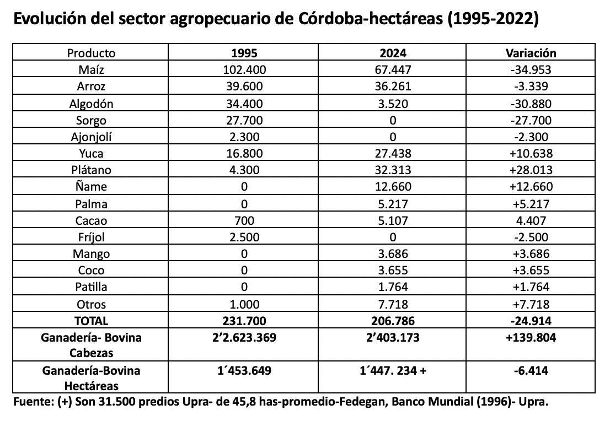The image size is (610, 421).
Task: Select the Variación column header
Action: point(531,53)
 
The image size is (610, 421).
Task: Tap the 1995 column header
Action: point(244,53)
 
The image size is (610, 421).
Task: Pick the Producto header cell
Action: point(92,53)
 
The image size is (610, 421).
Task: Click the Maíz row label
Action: point(92,70)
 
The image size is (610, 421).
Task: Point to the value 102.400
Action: point(244,70)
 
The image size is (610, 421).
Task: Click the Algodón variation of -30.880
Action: point(531,104)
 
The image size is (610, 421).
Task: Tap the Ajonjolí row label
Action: point(92,137)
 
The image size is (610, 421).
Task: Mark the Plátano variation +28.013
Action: point(531,170)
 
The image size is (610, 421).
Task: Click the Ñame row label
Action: point(92,187)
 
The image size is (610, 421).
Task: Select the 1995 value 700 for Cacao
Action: point(244,220)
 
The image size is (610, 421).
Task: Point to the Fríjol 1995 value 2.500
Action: point(244,238)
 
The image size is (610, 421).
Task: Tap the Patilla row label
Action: point(92,287)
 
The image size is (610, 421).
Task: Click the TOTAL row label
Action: point(92,321)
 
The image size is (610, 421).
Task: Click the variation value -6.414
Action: point(531,371)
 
